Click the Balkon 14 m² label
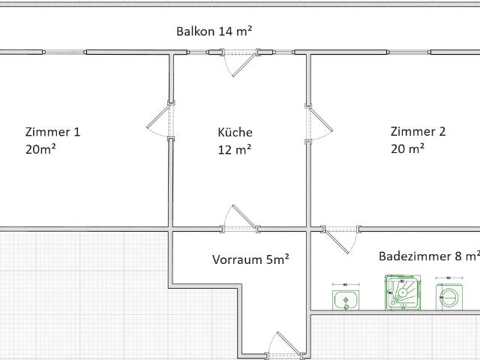[x=214, y=31]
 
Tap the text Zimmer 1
[x=52, y=132]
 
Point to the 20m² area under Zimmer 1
[x=40, y=148]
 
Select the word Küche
[x=235, y=132]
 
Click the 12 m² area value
[x=234, y=148]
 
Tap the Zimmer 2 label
[x=418, y=131]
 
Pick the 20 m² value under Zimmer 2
[x=407, y=148]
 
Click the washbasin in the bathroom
[x=345, y=300]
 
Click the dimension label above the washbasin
[x=345, y=285]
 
